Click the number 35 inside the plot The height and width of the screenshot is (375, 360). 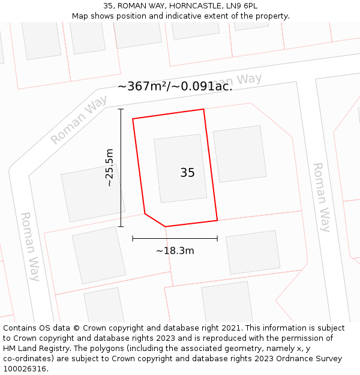[x=187, y=173]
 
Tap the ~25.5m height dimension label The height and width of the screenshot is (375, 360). [x=109, y=168]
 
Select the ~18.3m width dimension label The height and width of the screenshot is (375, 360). [x=175, y=251]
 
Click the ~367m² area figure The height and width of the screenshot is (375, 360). [x=142, y=86]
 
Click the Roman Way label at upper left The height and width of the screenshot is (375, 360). [x=79, y=121]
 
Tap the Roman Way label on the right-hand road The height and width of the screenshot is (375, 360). [x=322, y=197]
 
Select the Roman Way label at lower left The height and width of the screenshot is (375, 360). [x=30, y=246]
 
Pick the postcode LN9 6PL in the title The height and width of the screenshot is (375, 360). [x=241, y=6]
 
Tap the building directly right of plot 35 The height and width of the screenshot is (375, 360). [x=240, y=154]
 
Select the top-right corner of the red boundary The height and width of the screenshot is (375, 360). [x=204, y=109]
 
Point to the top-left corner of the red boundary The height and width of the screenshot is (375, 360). [x=133, y=119]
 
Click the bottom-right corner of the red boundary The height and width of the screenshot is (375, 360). [x=217, y=220]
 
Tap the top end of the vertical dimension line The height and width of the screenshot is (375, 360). [x=121, y=109]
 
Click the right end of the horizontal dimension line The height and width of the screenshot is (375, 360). [x=217, y=239]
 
